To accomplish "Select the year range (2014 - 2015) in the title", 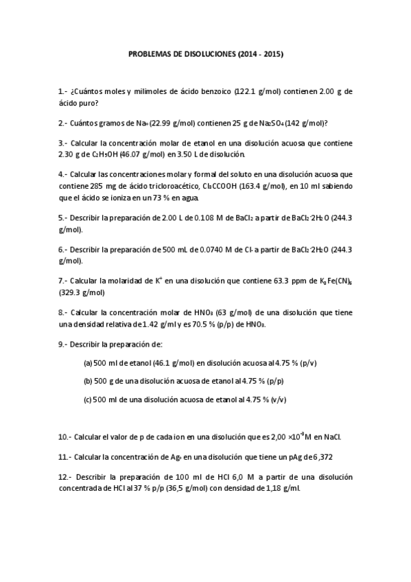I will tap(260, 54).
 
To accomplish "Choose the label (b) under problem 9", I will tap(88, 380).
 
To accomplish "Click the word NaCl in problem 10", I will tap(332, 436).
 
